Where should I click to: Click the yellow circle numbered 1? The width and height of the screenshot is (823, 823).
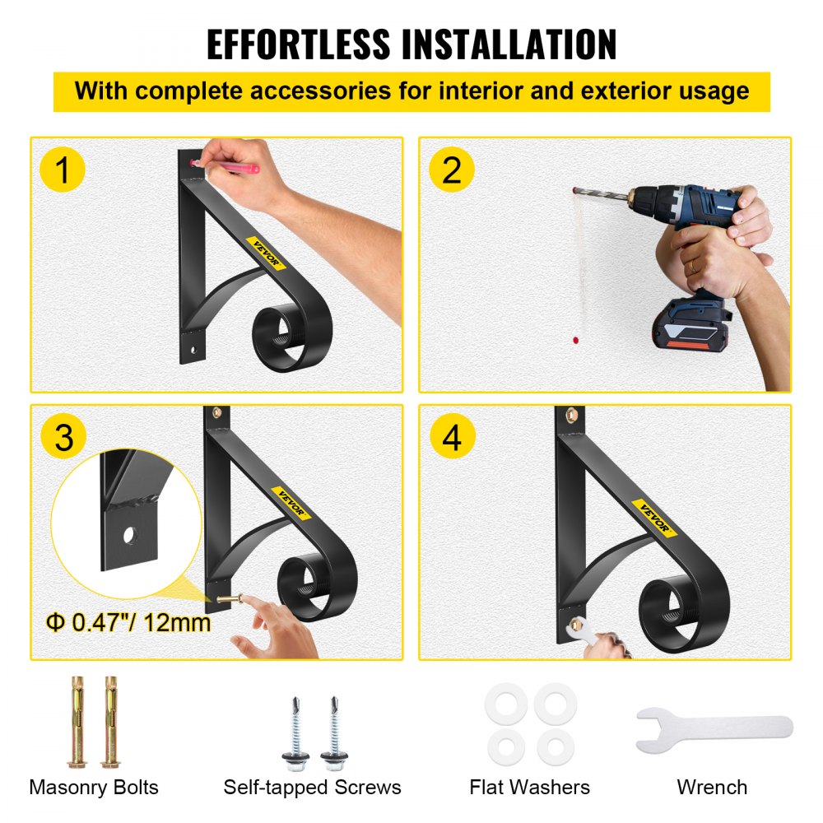[x=63, y=170]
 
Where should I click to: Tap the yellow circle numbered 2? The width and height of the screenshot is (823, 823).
[x=452, y=170]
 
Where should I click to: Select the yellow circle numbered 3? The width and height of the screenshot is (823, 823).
[x=63, y=437]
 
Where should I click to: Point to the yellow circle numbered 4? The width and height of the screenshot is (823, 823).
[x=453, y=436]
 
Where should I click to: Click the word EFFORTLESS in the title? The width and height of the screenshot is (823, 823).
[x=299, y=44]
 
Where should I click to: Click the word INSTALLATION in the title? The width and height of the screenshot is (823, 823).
[x=509, y=44]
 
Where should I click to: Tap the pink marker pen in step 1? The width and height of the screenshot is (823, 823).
[x=226, y=166]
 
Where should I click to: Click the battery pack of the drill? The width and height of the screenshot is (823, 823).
[x=692, y=325]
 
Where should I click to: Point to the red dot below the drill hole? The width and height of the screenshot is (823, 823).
[x=576, y=341]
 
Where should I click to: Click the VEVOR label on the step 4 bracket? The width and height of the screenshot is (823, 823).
[x=654, y=518]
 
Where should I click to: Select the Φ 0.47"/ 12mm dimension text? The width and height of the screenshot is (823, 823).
[x=128, y=623]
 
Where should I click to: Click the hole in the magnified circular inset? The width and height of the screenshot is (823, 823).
[x=130, y=536]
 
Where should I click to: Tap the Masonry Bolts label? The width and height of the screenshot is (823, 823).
[x=94, y=788]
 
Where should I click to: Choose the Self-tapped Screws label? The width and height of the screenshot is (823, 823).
[x=312, y=788]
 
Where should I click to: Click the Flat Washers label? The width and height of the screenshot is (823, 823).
[x=529, y=788]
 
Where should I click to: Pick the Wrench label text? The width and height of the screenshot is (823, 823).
[x=712, y=788]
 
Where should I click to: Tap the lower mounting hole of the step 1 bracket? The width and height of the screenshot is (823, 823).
[x=193, y=348]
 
